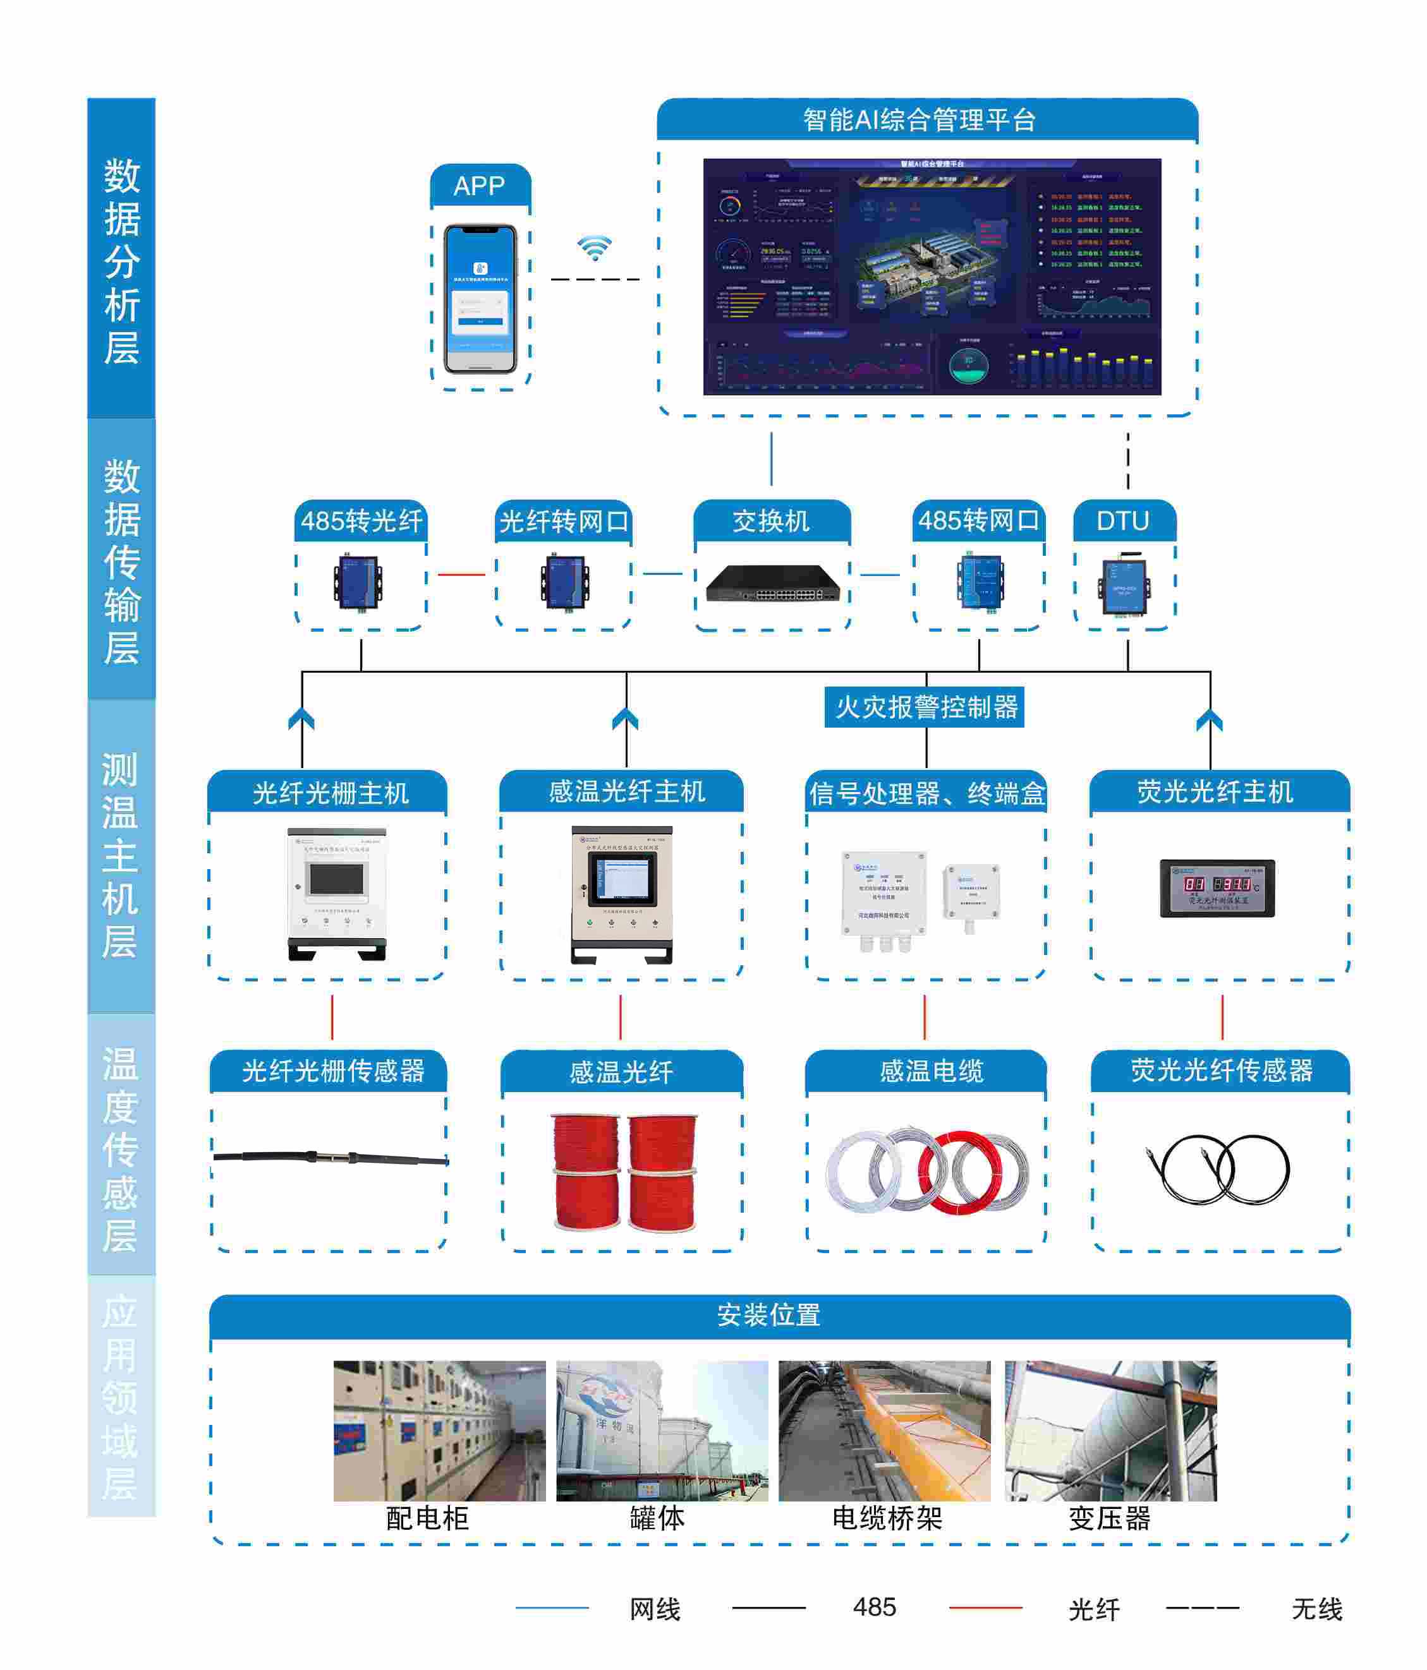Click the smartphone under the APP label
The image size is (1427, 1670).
pos(480,298)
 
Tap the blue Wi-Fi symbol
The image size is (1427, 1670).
pos(594,248)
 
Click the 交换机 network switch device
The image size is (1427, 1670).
pos(772,584)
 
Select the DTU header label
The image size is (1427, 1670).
pos(1123,522)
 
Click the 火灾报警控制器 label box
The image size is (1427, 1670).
pos(924,707)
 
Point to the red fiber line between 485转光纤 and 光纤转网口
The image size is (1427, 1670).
pos(461,575)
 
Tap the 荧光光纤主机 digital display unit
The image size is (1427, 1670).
pos(1217,887)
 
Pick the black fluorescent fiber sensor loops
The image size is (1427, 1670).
pos(1219,1170)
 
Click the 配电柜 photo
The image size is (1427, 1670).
pos(439,1431)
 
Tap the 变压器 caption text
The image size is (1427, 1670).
pos(1109,1518)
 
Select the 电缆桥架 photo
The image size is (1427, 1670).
pos(884,1431)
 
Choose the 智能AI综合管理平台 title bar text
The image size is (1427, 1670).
pos(919,120)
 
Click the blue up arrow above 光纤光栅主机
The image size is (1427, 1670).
pos(301,719)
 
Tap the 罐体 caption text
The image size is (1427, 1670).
pos(657,1518)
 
